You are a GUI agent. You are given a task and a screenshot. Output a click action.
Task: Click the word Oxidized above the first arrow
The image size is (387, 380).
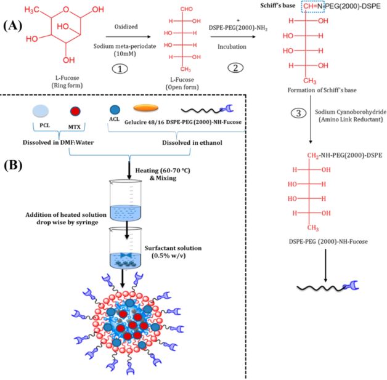(126, 28)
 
